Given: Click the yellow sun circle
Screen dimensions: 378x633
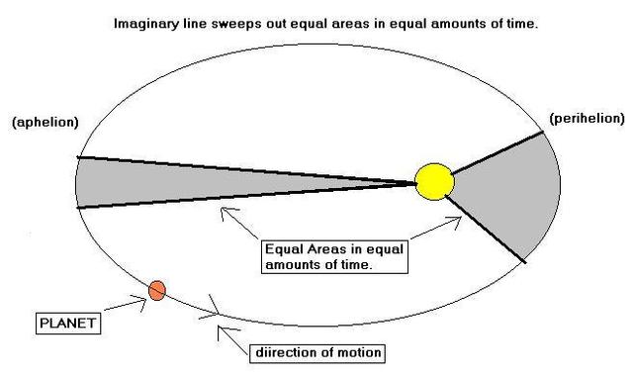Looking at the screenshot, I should point(434,181).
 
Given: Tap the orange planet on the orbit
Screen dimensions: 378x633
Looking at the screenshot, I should point(156,290).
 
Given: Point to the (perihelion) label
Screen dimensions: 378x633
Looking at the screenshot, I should point(587,118).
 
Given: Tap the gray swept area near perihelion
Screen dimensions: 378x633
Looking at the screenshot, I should point(504,198).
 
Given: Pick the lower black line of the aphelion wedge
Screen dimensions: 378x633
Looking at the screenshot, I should point(247,195).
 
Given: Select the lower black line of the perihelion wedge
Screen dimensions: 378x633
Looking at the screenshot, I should point(485,228).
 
